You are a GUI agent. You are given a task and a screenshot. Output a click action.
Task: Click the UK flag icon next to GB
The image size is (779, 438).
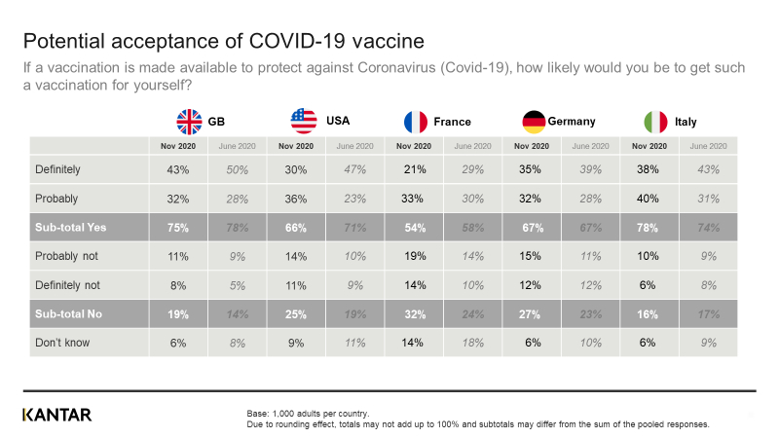pos(188,122)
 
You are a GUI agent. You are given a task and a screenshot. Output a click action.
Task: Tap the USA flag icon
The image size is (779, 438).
pos(304,122)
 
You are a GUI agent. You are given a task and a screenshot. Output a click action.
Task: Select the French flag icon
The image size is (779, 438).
pos(416,122)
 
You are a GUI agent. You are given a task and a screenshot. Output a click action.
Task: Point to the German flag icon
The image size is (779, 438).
pos(534,122)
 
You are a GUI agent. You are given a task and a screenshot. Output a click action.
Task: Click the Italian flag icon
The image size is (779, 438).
pos(655,122)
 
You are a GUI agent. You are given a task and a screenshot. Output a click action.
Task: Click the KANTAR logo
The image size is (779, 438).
pos(56,415)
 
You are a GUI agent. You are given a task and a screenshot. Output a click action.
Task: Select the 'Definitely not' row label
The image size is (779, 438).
pos(67,286)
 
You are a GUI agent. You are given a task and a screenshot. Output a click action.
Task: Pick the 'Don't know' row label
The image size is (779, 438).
pos(63,343)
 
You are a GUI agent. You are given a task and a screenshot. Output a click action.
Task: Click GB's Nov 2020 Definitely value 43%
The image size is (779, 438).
pos(178,169)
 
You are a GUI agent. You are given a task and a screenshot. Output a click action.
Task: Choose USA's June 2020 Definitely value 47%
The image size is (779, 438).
pos(353,169)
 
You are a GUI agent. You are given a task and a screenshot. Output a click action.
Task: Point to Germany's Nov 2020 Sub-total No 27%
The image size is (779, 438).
pos(533,314)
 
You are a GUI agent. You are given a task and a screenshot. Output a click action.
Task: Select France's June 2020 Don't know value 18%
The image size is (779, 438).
pos(471,343)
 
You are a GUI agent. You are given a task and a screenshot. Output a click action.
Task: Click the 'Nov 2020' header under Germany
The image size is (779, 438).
pos(533,146)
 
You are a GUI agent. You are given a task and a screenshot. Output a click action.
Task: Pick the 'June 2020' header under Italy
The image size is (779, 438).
pos(708,146)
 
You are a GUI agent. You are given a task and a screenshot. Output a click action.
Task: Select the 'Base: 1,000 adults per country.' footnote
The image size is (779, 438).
pos(308,414)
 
